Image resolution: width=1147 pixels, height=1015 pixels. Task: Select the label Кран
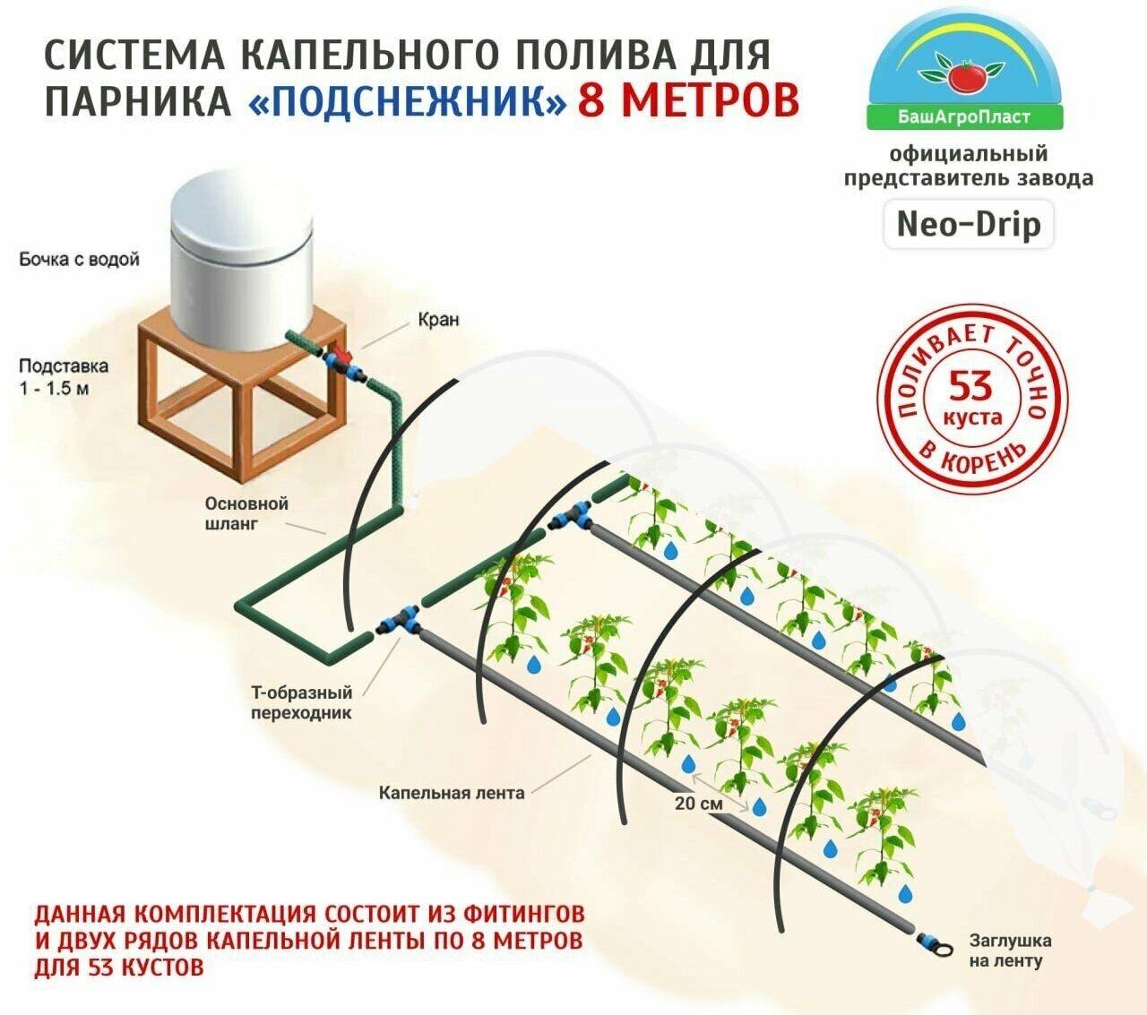[x=438, y=320]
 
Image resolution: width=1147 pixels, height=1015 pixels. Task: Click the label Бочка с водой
[x=80, y=260]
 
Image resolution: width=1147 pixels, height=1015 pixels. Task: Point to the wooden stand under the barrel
[x=242, y=403]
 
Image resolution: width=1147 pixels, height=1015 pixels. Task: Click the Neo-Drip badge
[x=969, y=224]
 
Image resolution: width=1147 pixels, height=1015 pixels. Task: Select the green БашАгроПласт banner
[x=964, y=116]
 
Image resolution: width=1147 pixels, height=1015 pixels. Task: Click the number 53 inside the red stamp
[x=971, y=387]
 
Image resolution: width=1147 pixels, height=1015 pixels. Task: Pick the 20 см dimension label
[x=698, y=804]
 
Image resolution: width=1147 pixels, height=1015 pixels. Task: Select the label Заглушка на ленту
[x=1010, y=950]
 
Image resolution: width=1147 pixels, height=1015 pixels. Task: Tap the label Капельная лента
[x=451, y=793]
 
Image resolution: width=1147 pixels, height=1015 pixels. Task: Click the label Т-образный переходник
[x=301, y=702]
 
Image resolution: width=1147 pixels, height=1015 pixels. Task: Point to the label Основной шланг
[x=246, y=513]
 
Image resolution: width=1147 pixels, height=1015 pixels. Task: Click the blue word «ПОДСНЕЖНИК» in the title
[x=408, y=100]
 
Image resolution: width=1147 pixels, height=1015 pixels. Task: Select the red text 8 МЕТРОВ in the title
[x=687, y=100]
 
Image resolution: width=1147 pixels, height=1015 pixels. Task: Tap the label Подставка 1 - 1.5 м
[x=63, y=377]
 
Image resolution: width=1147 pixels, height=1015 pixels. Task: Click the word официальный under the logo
[x=968, y=154]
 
